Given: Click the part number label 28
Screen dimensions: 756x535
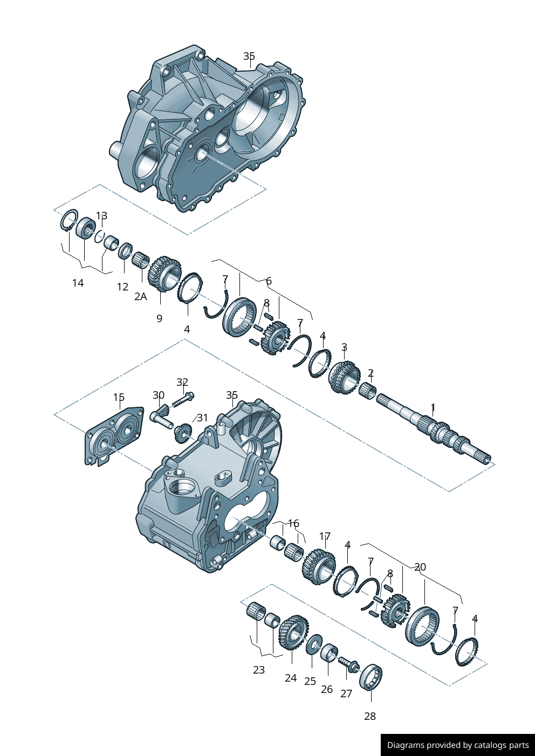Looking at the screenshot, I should click(x=369, y=716).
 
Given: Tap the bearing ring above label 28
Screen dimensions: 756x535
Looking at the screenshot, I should click(x=371, y=676).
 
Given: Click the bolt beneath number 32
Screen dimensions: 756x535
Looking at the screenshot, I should click(x=183, y=401).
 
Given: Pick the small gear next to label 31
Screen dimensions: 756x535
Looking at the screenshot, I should click(x=182, y=432).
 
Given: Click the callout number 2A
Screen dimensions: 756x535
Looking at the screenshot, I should click(x=140, y=296).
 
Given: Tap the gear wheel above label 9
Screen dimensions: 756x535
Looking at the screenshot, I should click(x=164, y=274).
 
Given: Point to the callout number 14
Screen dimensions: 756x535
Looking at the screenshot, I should click(x=78, y=283).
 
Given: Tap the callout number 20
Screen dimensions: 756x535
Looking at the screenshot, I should click(x=420, y=567).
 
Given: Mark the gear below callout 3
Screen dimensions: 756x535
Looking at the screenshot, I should click(x=344, y=377).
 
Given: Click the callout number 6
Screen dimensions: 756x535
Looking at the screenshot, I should click(x=269, y=281).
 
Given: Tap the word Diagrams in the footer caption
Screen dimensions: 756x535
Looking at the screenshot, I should click(x=405, y=745).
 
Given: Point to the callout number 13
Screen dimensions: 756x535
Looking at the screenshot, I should click(x=101, y=216).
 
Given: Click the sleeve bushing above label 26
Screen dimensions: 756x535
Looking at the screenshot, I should click(x=329, y=653).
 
